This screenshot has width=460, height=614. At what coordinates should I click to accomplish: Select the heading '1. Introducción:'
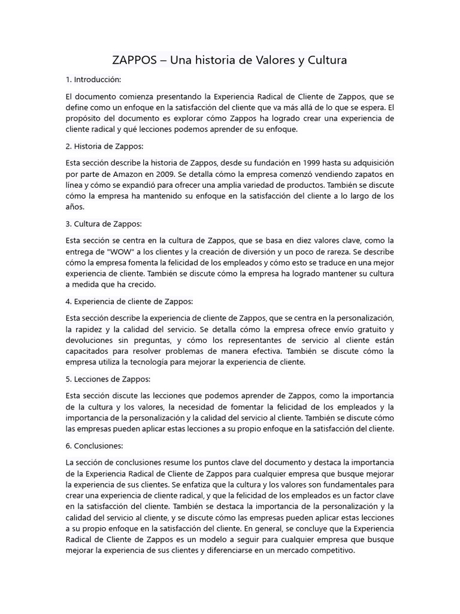(93, 79)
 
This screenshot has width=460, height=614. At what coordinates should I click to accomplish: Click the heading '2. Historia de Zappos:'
(105, 146)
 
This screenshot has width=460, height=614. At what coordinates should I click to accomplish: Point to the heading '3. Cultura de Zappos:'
(104, 224)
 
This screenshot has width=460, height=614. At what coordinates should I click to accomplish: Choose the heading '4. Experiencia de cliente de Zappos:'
(129, 301)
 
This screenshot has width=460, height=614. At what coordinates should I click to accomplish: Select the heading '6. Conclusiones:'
(95, 446)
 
